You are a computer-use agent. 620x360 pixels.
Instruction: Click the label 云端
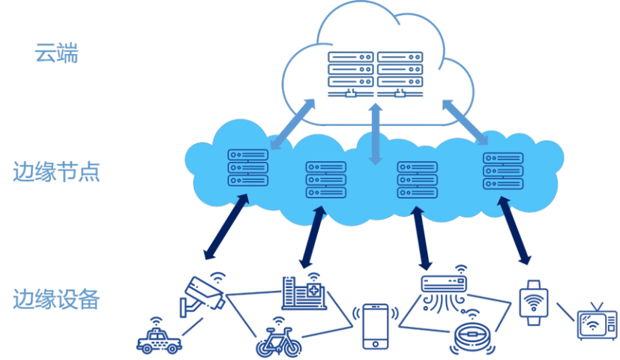click(x=56, y=54)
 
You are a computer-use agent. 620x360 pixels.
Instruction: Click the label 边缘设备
click(x=56, y=298)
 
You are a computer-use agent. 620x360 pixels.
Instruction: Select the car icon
click(x=158, y=337)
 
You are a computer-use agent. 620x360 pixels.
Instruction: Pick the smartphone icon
click(x=375, y=326)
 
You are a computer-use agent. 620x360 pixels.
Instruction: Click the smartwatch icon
click(x=533, y=301)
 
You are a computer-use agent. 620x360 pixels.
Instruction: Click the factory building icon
click(x=304, y=292)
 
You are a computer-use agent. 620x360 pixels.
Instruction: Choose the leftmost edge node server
click(x=248, y=167)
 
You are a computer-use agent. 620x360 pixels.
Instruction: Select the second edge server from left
click(x=326, y=179)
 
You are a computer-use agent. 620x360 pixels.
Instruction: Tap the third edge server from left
click(x=418, y=179)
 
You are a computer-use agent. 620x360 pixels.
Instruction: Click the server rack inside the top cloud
click(x=375, y=73)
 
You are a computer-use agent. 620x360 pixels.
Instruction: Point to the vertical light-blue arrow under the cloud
click(x=376, y=135)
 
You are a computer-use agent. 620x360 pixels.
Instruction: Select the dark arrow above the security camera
click(x=226, y=229)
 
